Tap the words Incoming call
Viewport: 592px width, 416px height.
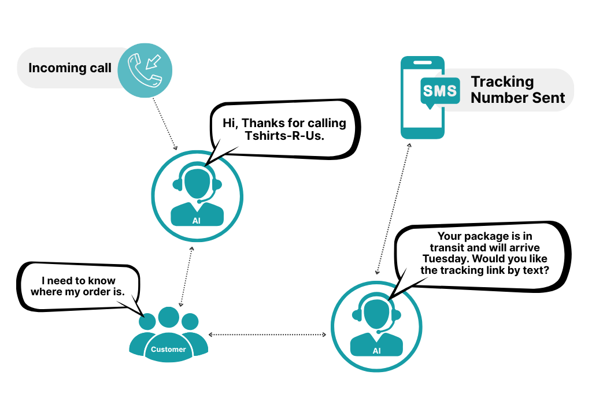[70, 68]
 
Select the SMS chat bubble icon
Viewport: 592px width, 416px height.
[440, 91]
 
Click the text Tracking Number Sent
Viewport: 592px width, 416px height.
[517, 90]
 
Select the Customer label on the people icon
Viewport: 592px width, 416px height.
[168, 349]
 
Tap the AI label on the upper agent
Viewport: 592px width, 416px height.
[197, 221]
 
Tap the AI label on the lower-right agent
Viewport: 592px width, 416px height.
[376, 351]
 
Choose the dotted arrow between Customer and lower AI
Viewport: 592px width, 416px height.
[267, 335]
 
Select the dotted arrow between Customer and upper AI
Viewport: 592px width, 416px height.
[186, 276]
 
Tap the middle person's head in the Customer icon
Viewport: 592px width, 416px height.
[169, 317]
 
